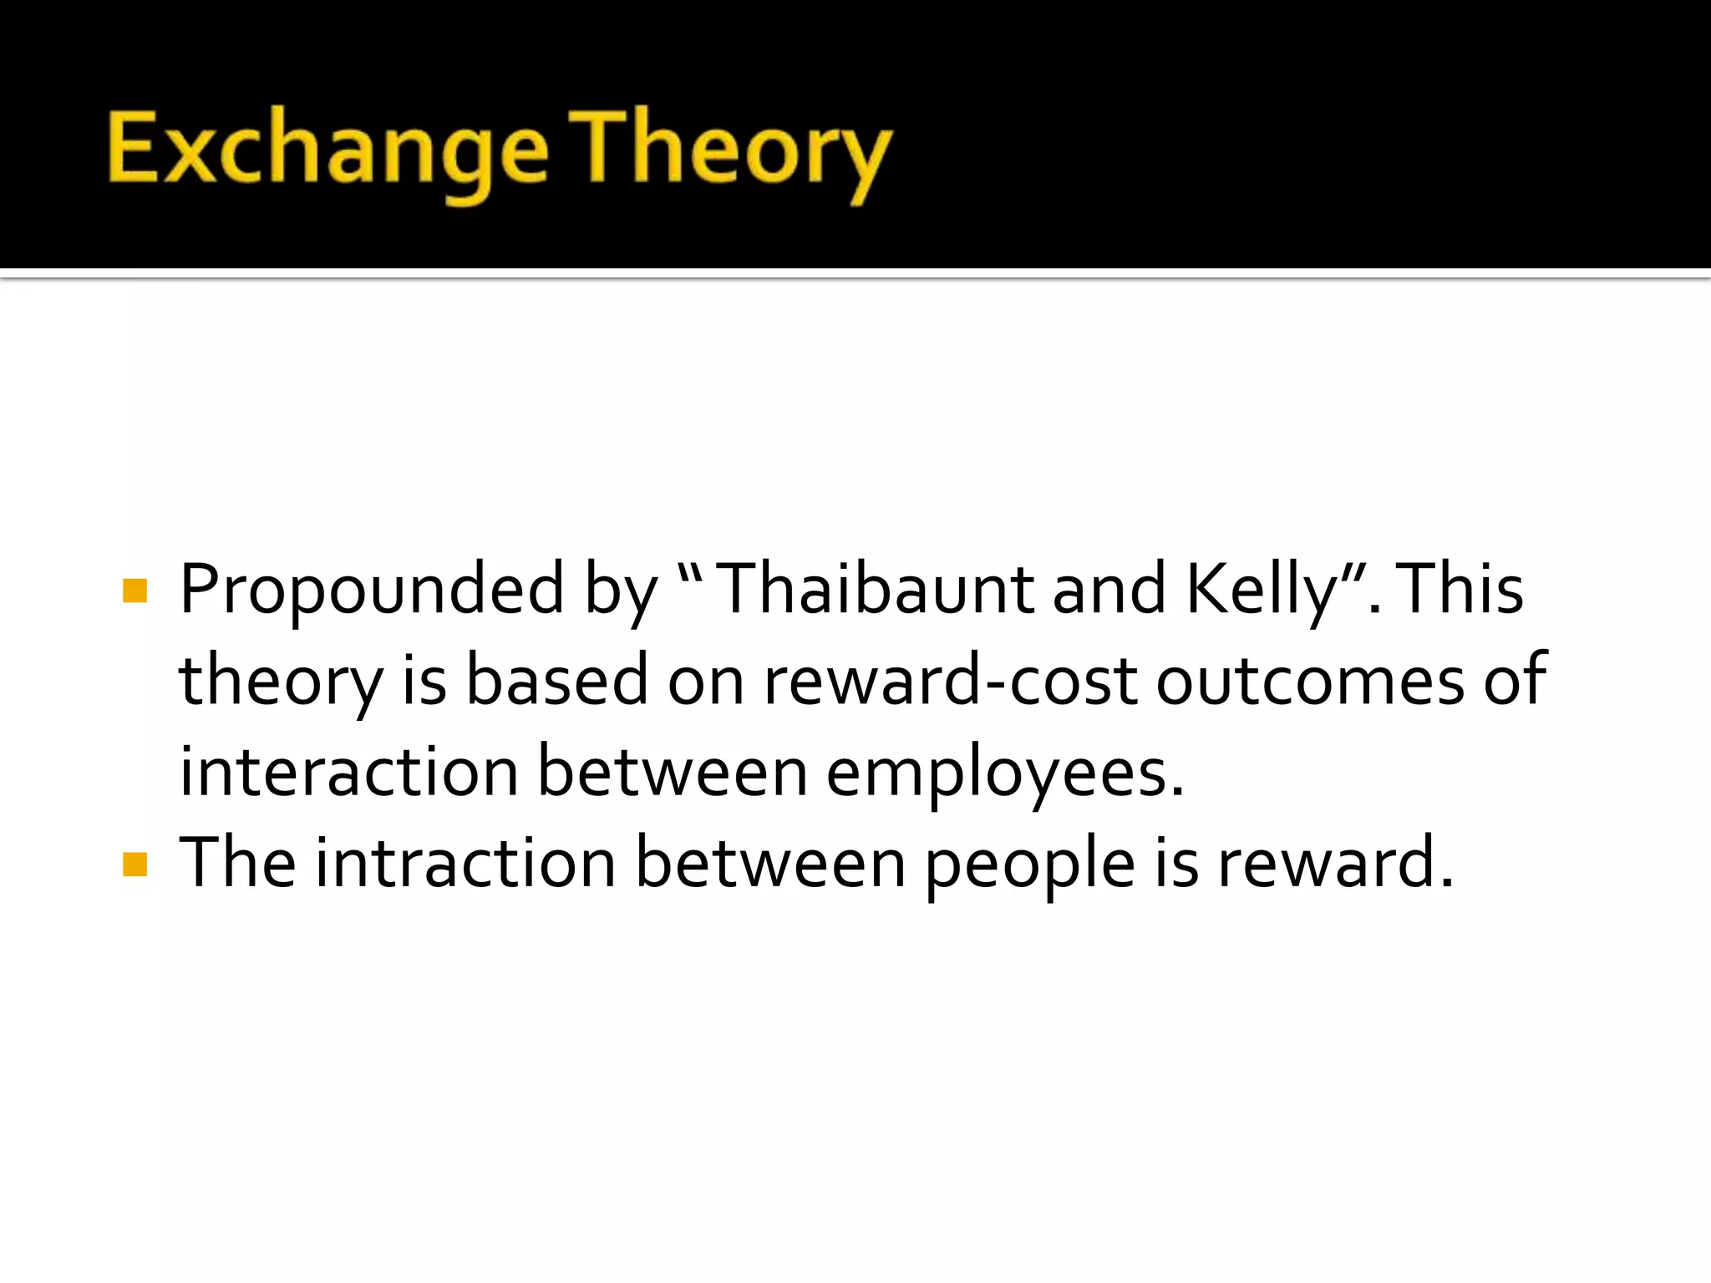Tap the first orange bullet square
pos(135,591)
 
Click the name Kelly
pos(1274,591)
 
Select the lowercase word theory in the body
pos(281,682)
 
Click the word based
pos(556,680)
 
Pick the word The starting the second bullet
pos(237,862)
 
